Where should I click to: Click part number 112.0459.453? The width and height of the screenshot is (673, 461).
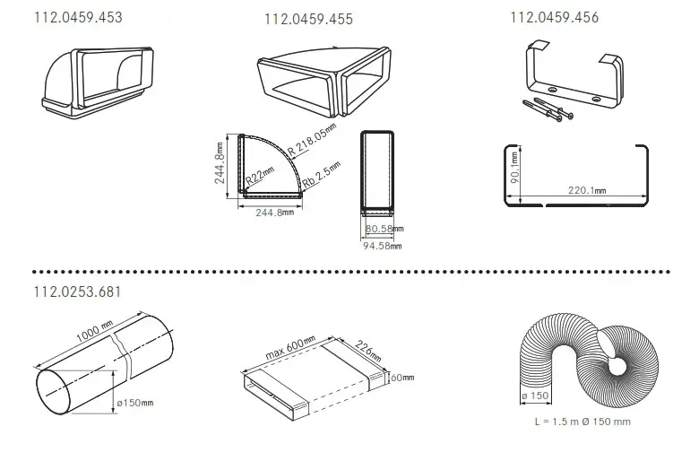pos(78,17)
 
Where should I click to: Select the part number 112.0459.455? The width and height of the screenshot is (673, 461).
pos(308,19)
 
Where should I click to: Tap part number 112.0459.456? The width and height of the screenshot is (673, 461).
pos(554,17)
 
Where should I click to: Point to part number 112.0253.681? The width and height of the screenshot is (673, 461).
pos(77,291)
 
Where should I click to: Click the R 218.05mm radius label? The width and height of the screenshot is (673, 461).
pos(312,139)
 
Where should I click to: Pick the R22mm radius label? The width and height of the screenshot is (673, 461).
pos(260,176)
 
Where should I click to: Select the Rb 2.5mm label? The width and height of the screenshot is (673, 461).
pos(322,174)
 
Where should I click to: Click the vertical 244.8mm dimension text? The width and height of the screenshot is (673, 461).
pos(220,163)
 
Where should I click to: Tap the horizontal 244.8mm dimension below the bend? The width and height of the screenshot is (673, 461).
pos(275,213)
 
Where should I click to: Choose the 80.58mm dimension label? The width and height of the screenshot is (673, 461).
pos(384,229)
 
